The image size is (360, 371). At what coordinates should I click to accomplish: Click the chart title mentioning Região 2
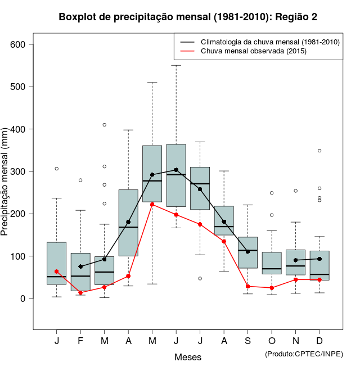[188, 17]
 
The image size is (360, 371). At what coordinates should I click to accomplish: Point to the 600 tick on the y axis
[22, 44]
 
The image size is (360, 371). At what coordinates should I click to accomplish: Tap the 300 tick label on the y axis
[22, 171]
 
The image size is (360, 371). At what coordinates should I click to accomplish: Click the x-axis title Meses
[188, 357]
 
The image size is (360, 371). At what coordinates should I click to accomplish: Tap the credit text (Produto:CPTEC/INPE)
[304, 354]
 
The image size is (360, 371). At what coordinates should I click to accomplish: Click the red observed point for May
[152, 205]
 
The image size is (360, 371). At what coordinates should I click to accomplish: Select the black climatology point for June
[176, 170]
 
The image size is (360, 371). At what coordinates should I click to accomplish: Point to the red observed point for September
[247, 287]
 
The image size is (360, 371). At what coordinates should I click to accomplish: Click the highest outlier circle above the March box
[105, 125]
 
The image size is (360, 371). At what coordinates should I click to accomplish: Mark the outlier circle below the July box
[200, 278]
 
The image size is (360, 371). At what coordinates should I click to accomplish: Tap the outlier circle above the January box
[57, 169]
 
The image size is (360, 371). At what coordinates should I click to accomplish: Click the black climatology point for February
[80, 266]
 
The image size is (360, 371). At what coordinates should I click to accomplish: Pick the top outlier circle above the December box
[319, 151]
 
